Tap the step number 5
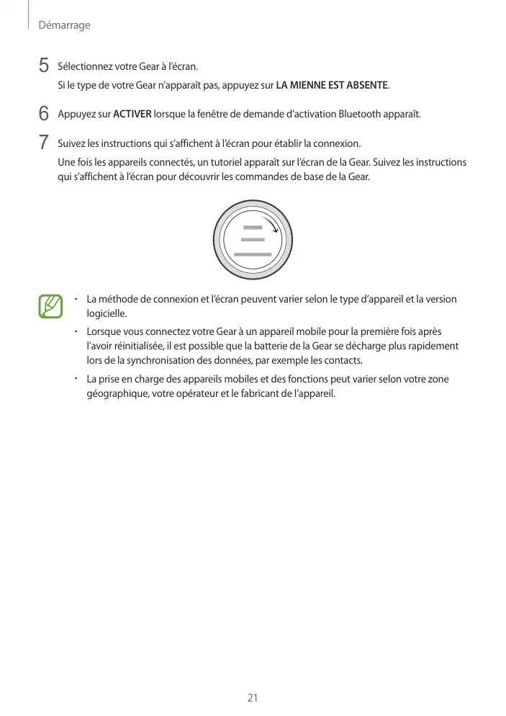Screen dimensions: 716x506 coord(45,67)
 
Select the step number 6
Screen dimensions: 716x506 coord(45,114)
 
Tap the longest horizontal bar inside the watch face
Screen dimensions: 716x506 coord(253,255)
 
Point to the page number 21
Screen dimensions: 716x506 coord(253,698)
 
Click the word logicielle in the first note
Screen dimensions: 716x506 coord(106,313)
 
